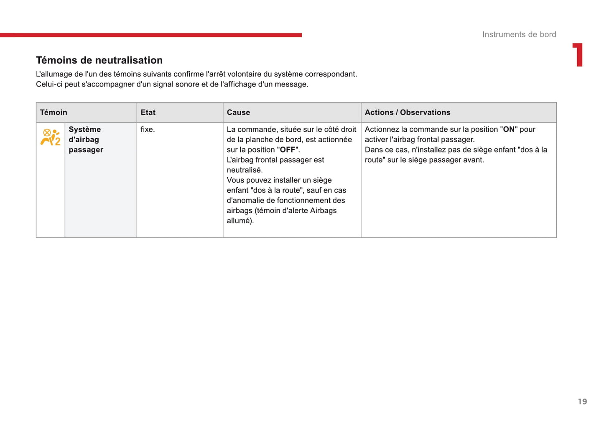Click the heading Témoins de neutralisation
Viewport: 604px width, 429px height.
pyautogui.click(x=99, y=60)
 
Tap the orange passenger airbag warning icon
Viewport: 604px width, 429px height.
pyautogui.click(x=50, y=137)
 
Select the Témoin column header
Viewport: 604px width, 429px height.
pyautogui.click(x=54, y=112)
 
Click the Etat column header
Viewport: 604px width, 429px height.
pyautogui.click(x=148, y=112)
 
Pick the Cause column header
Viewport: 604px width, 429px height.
pyautogui.click(x=238, y=112)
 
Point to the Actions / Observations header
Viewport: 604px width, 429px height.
pyautogui.click(x=407, y=112)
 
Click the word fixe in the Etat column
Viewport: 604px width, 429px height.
pyautogui.click(x=147, y=130)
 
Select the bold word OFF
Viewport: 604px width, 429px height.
pyautogui.click(x=288, y=150)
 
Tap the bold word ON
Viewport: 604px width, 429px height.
pyautogui.click(x=509, y=130)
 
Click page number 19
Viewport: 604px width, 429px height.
pyautogui.click(x=582, y=402)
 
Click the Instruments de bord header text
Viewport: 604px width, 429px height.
pyautogui.click(x=519, y=35)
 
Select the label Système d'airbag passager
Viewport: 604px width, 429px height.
pyautogui.click(x=86, y=140)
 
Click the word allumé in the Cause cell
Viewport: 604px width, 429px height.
pyautogui.click(x=239, y=221)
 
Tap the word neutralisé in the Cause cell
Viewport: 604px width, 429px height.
pyautogui.click(x=244, y=170)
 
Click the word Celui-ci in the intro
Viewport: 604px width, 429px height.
pyautogui.click(x=49, y=84)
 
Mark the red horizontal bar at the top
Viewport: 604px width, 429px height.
pyautogui.click(x=150, y=35)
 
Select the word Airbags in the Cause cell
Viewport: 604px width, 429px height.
pyautogui.click(x=323, y=211)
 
